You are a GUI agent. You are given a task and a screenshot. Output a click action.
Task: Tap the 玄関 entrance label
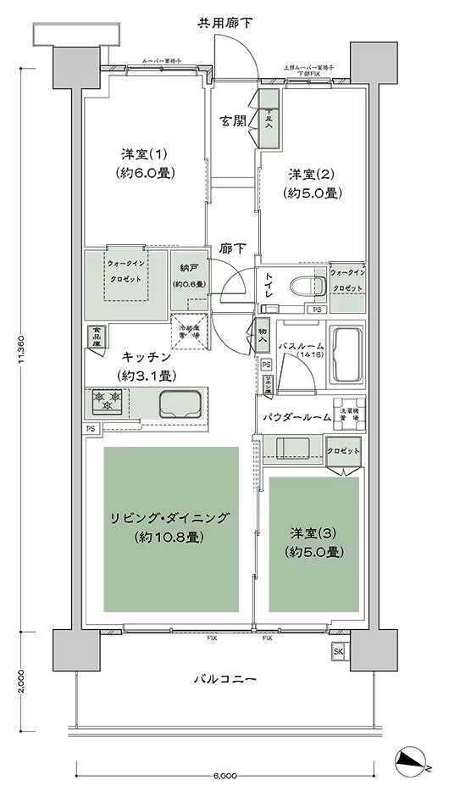(x=235, y=120)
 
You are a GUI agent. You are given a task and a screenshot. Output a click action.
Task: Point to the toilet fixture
(x=302, y=287)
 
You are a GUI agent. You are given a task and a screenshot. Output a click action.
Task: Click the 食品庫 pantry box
(x=96, y=337)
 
